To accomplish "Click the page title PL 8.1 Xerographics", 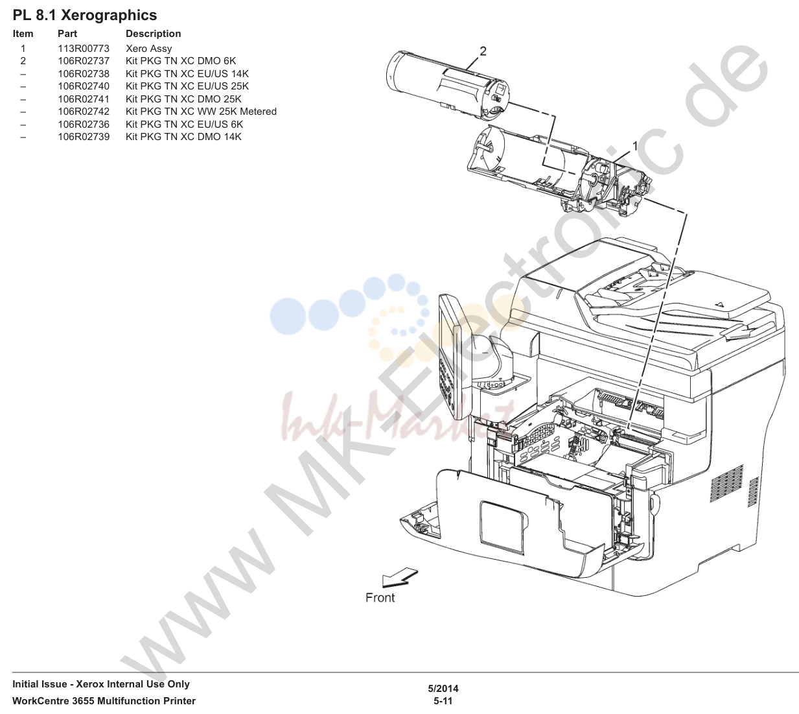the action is [85, 16].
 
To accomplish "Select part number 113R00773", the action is [84, 49].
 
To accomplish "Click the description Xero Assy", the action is [148, 49].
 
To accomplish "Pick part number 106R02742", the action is [84, 112].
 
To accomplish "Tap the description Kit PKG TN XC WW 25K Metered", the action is [201, 112].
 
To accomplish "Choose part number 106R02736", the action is [84, 125].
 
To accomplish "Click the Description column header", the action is [153, 34].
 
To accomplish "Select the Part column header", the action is [67, 34].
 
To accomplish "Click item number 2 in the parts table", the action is [23, 61].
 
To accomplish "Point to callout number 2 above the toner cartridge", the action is [483, 51].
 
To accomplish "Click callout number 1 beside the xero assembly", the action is [635, 147].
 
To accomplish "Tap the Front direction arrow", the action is [399, 577].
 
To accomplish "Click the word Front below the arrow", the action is [380, 597].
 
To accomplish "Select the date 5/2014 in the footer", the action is [443, 688].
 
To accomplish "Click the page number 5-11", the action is [443, 701].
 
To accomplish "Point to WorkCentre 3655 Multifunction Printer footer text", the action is [104, 701].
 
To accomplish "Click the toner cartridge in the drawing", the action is [448, 85].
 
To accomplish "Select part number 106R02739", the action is [84, 137].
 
